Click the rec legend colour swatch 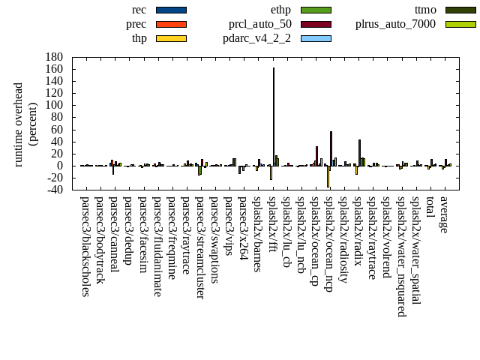[x=171, y=10]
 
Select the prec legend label [x=136, y=24]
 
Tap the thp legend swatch [x=171, y=38]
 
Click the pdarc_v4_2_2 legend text [x=256, y=38]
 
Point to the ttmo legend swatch [x=460, y=10]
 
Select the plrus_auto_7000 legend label [x=394, y=24]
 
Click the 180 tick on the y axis [x=54, y=57]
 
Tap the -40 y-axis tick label [x=54, y=190]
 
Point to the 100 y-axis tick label [x=54, y=105]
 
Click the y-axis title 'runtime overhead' [x=19, y=124]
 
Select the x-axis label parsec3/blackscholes [x=85, y=247]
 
